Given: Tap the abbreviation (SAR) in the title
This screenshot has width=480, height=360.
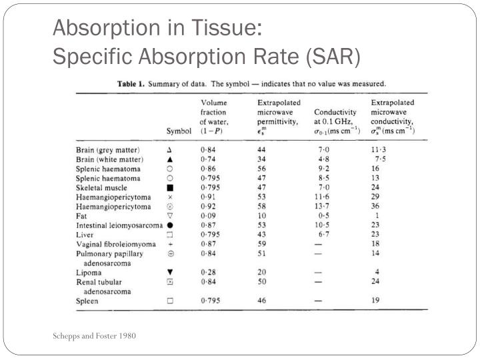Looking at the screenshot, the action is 333,57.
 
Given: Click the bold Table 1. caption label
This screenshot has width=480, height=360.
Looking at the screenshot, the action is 131,84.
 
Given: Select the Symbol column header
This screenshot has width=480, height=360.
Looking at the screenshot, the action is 179,131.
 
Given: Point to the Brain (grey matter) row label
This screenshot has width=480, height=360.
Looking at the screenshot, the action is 108,150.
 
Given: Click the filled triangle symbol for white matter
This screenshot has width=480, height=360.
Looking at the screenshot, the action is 170,159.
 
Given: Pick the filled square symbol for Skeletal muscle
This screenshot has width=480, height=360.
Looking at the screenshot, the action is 170,187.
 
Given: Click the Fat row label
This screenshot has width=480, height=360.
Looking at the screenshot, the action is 81,216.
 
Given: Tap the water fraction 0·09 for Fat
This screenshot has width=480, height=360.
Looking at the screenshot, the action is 208,216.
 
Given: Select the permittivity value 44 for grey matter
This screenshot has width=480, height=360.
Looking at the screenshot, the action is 261,150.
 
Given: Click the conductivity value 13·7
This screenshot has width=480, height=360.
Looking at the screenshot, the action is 322,206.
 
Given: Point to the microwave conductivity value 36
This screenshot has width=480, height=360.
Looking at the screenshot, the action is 375,206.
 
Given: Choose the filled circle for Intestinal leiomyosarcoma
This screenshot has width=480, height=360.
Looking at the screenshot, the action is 170,225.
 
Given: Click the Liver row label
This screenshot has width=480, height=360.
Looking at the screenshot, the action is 85,235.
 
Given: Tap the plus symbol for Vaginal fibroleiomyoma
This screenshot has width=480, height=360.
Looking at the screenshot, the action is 170,244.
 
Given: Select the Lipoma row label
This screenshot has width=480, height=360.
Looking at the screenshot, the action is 89,273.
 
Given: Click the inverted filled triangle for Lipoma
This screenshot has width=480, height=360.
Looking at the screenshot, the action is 170,272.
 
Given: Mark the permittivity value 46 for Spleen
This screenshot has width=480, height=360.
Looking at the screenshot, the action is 262,301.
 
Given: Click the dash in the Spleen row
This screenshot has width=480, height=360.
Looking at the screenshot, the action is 319,301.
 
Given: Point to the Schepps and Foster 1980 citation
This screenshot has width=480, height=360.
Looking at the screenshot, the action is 94,336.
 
